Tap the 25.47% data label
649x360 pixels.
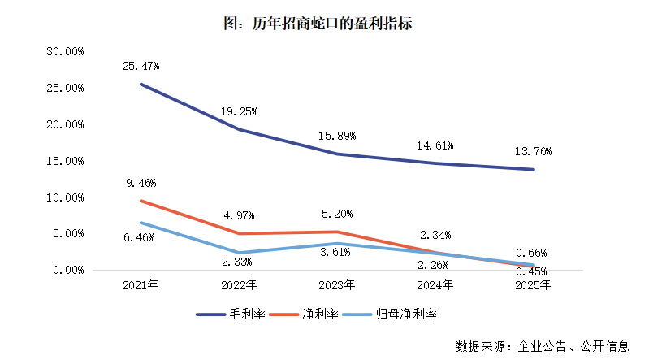(x=141, y=64)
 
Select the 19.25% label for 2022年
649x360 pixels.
(x=238, y=111)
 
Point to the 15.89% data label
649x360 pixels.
(x=336, y=135)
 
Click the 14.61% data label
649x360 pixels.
(x=434, y=145)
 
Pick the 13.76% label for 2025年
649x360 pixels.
(x=530, y=151)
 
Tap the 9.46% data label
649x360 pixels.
(x=141, y=183)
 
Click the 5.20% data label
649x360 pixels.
(x=336, y=214)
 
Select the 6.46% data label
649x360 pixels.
(x=141, y=236)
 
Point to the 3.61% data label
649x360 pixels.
(x=336, y=252)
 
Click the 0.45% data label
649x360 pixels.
(x=530, y=271)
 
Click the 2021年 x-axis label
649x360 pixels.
(x=141, y=285)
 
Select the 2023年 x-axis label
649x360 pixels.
(x=336, y=285)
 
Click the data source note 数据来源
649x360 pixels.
(x=542, y=346)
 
